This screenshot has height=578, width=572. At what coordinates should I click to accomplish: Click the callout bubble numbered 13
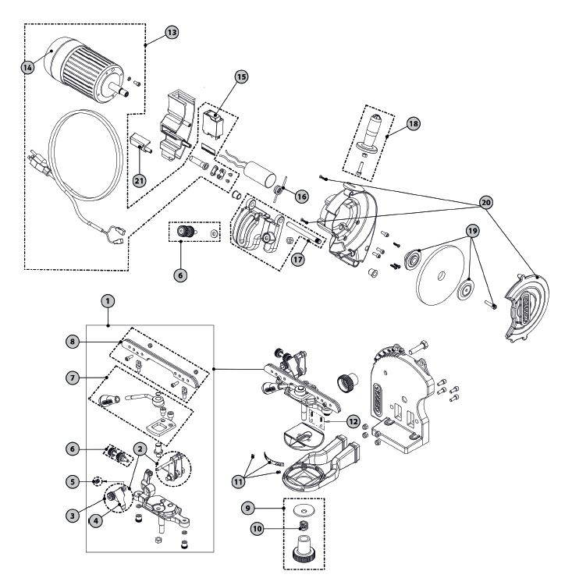coord(172,33)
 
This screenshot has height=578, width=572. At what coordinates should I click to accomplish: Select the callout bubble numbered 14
coord(27,67)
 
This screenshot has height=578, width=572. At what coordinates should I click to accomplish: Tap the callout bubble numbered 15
coord(241,76)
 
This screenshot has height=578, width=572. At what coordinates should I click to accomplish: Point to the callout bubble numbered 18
coord(414,123)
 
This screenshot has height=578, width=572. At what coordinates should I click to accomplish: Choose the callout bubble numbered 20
coord(486,202)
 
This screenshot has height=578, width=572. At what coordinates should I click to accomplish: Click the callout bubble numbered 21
coord(139,181)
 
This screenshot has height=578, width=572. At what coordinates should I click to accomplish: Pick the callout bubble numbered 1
coord(108,301)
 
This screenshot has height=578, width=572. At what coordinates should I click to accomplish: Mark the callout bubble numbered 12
coord(354,421)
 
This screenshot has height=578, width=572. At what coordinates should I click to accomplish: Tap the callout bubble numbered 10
coord(258,529)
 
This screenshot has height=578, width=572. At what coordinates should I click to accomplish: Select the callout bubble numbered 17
coord(298,259)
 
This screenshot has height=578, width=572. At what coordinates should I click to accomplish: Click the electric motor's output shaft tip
coord(126,94)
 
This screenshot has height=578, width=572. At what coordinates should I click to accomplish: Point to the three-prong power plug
coord(40,163)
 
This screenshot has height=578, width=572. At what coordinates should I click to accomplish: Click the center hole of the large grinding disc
coord(441,275)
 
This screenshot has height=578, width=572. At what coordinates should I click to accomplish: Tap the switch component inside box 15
coord(213,125)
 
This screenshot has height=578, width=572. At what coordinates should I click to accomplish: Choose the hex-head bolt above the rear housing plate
coord(419,346)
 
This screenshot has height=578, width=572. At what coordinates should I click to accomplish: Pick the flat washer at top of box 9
coord(304,511)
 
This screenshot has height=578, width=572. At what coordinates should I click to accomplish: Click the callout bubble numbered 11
coord(239,481)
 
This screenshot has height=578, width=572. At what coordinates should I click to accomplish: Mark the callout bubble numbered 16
coord(302,197)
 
